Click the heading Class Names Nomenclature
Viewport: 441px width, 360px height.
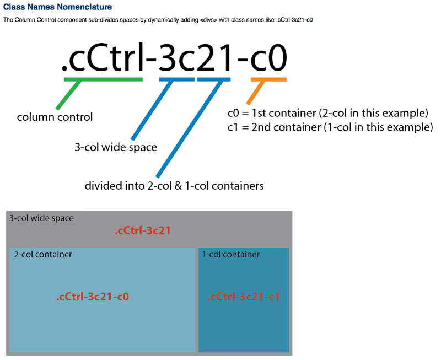pos(57,7)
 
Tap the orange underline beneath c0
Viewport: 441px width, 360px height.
pos(268,80)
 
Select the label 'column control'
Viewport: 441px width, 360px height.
pos(55,117)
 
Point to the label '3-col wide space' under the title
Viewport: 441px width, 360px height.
pos(116,147)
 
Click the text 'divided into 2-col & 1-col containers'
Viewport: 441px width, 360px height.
pos(174,186)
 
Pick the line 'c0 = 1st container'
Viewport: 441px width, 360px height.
pos(328,114)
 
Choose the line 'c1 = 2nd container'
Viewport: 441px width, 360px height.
pos(330,128)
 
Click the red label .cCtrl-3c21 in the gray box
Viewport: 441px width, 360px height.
pos(142,231)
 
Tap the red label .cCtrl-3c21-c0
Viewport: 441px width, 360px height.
pos(93,297)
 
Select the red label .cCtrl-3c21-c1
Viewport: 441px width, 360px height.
pos(244,297)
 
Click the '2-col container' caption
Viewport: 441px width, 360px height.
pos(43,254)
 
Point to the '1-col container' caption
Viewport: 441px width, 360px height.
pos(230,254)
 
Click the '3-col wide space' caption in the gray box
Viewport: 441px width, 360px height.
pos(41,218)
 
